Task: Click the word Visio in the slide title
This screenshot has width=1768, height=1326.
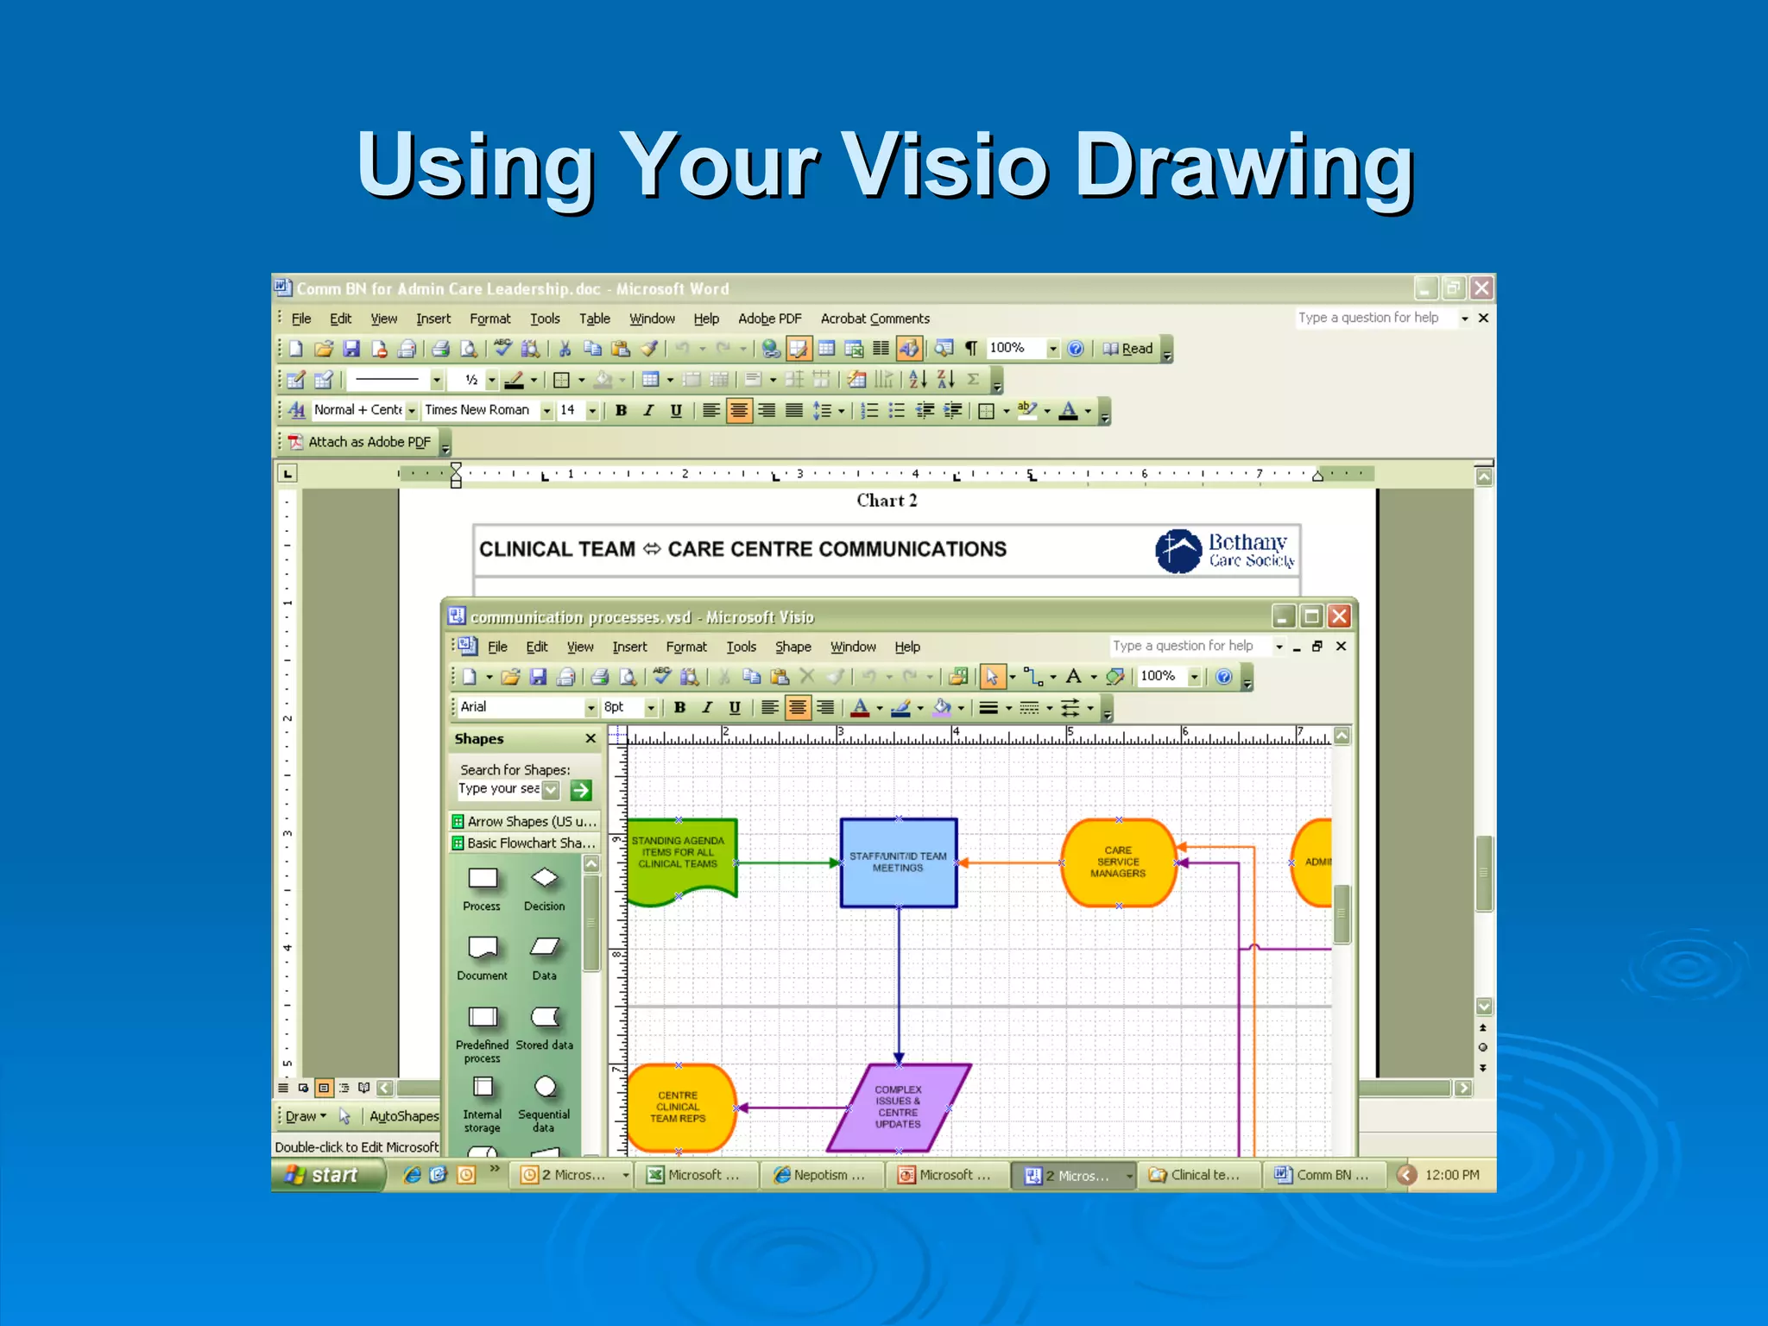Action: (944, 166)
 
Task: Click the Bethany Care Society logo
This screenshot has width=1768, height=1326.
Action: (1224, 550)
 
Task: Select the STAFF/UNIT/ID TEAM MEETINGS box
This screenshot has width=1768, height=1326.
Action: (898, 862)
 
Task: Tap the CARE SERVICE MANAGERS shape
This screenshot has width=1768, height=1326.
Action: (1118, 862)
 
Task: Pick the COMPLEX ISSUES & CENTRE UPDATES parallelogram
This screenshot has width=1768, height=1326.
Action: (898, 1107)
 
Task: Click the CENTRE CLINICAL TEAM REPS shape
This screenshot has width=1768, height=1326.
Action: (679, 1108)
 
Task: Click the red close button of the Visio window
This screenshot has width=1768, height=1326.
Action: (1339, 616)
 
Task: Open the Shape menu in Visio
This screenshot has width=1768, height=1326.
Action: (792, 647)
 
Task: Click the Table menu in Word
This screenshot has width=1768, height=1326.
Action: (594, 319)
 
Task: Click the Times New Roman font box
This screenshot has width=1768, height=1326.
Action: (480, 410)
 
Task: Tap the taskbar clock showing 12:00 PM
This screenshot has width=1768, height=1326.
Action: (1452, 1175)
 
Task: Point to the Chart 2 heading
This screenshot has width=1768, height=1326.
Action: (887, 501)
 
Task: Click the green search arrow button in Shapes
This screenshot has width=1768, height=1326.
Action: (581, 790)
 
